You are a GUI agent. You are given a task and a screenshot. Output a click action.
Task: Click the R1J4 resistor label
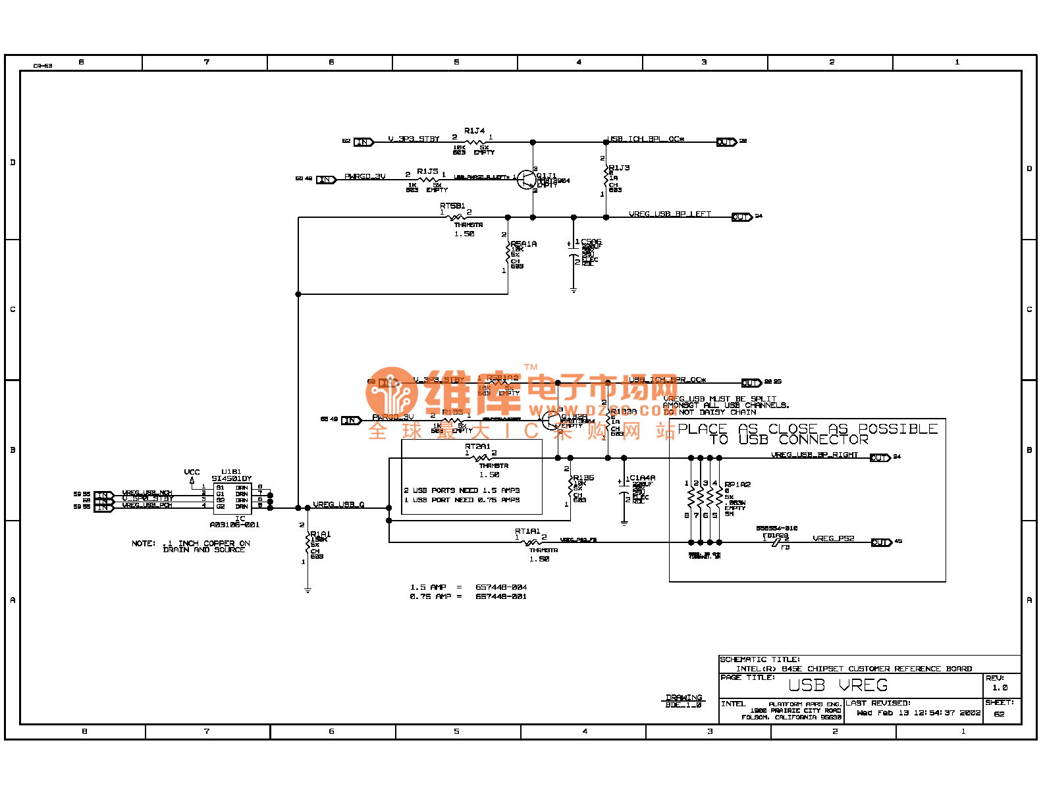(474, 131)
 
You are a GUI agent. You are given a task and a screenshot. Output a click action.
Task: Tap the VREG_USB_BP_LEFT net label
(670, 214)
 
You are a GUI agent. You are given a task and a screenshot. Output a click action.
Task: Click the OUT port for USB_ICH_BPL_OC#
(726, 142)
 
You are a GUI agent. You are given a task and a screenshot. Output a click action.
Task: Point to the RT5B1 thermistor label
(452, 206)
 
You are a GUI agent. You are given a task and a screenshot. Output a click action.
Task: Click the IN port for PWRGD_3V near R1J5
(326, 180)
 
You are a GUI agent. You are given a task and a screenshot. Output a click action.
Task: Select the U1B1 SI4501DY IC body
(232, 498)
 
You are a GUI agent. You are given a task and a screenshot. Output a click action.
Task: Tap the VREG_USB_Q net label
(338, 505)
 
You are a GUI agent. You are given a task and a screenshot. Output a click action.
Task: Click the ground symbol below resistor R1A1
(308, 590)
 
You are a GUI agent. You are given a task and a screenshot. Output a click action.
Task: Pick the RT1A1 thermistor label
(527, 531)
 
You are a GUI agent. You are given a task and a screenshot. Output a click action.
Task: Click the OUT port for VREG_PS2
(880, 542)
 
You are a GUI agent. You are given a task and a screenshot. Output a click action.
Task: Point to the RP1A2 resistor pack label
(737, 484)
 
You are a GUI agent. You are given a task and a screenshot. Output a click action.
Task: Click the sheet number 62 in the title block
(999, 714)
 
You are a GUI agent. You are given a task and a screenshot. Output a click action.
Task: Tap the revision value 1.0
(1000, 688)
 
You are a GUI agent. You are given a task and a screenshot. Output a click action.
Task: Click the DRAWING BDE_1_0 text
(683, 701)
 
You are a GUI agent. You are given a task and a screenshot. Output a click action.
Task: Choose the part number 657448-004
(501, 587)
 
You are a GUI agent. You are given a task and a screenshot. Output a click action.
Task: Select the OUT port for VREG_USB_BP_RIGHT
(879, 457)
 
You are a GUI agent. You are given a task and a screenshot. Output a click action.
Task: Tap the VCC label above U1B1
(192, 472)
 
